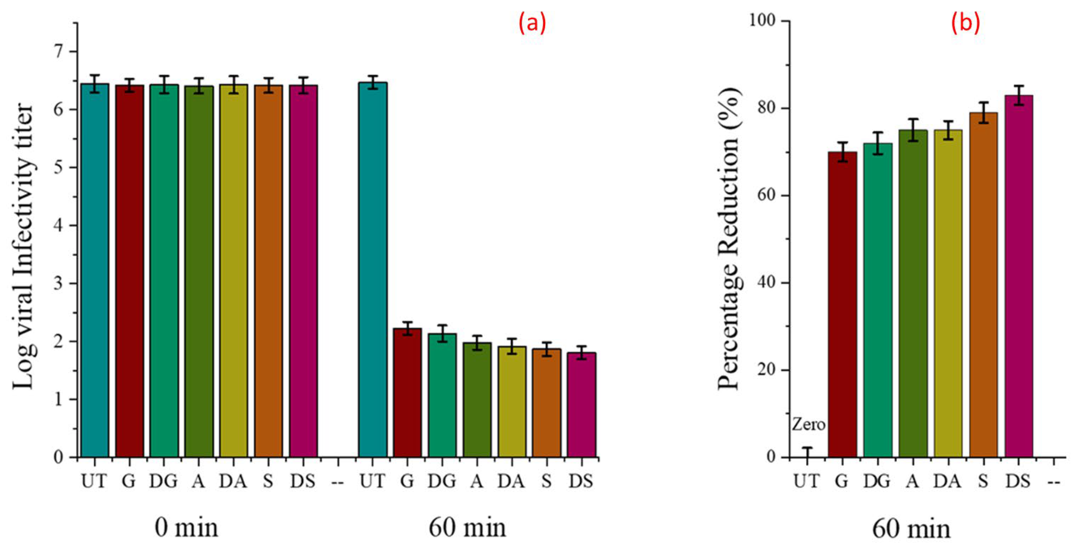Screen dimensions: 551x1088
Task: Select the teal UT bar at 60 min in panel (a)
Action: [x=372, y=270]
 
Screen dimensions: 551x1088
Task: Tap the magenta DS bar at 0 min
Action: [x=303, y=270]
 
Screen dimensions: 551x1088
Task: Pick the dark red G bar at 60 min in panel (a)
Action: [x=407, y=393]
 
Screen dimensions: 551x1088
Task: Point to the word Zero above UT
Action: [x=808, y=424]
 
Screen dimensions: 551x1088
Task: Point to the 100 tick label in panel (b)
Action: [x=764, y=21]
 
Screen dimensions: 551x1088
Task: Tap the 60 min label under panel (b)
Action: [x=912, y=529]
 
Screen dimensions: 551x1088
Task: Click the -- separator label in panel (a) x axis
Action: [x=338, y=481]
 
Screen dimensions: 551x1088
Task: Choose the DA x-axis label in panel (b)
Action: [x=947, y=481]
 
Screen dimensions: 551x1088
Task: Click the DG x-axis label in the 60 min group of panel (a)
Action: [x=442, y=481]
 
